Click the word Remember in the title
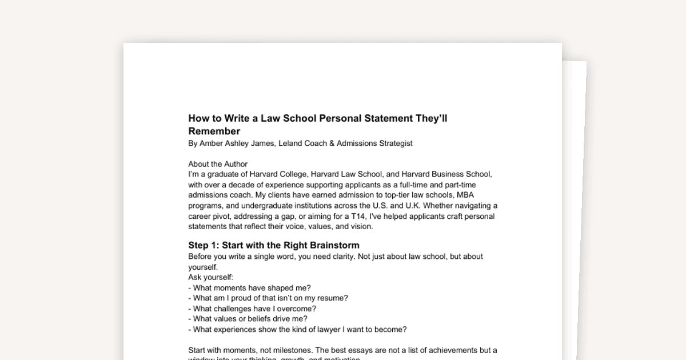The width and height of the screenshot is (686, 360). tap(214, 131)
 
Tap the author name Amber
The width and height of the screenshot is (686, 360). tap(211, 143)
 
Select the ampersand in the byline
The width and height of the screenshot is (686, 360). tap(332, 143)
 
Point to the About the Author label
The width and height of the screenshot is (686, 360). tap(218, 164)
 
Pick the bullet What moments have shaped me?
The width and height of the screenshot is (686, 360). tap(252, 287)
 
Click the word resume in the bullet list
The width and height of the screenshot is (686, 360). tap(334, 298)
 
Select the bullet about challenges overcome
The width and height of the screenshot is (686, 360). tap(254, 309)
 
